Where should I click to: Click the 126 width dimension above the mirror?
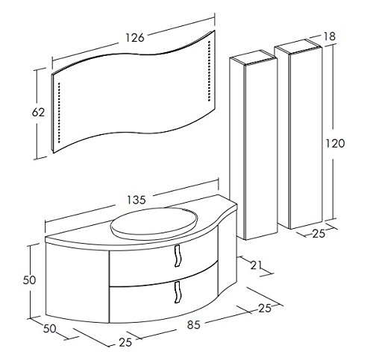(x=135, y=37)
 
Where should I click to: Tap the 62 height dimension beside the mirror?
(x=38, y=113)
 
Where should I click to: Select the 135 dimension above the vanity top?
(x=137, y=200)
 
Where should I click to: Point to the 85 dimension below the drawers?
(x=194, y=325)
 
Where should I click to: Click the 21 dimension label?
(x=256, y=265)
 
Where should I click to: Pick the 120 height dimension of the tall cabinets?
(x=335, y=144)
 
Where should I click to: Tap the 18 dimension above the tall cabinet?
(x=330, y=37)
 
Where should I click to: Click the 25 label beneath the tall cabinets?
(x=319, y=234)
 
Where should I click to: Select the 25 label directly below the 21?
(x=265, y=309)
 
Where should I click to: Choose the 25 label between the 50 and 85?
(x=125, y=343)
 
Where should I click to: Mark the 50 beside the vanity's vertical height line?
(x=29, y=280)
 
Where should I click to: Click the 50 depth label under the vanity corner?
(x=50, y=329)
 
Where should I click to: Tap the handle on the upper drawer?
(x=178, y=256)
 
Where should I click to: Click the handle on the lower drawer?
(x=178, y=292)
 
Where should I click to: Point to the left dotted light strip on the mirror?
(x=59, y=113)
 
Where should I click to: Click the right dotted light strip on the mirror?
(x=209, y=71)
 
